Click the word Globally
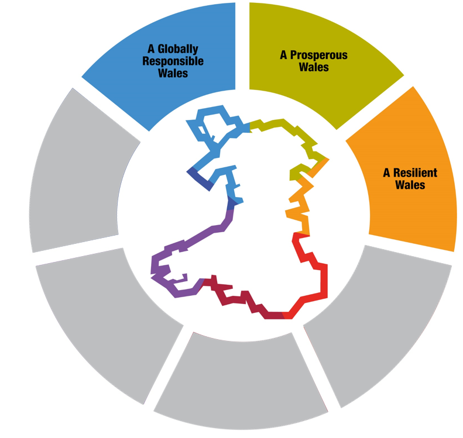(x=178, y=49)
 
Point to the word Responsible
(x=173, y=61)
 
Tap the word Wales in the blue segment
(x=173, y=73)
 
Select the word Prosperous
(x=319, y=56)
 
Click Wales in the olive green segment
(x=314, y=67)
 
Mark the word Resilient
(x=416, y=173)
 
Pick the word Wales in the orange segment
(x=410, y=185)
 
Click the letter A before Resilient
(x=386, y=173)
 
